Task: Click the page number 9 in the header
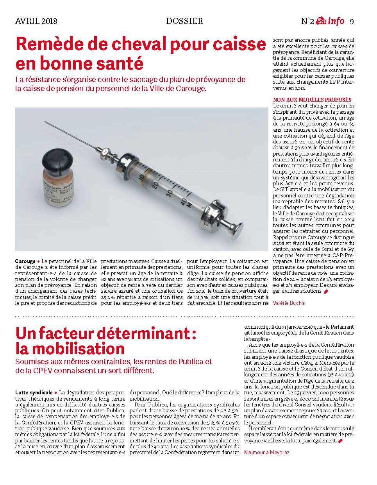point(352,21)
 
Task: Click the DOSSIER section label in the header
point(184,21)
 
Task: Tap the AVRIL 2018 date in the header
point(36,21)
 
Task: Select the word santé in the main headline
point(121,63)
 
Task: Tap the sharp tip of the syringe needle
point(45,122)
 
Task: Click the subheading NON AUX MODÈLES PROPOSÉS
point(312,100)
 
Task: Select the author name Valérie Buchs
point(289,303)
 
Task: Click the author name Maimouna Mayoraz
point(267,452)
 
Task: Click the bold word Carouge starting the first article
point(25,261)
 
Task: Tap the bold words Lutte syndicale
point(34,392)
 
